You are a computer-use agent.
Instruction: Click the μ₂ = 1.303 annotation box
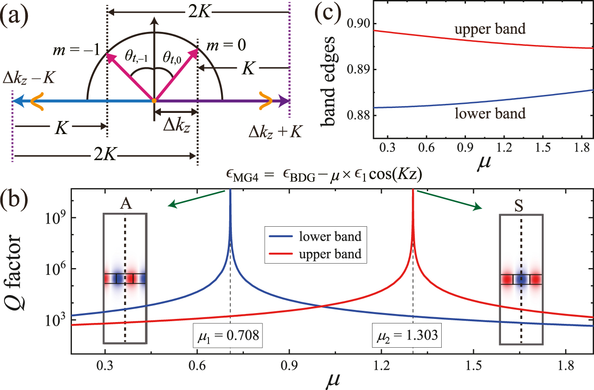pos(407,335)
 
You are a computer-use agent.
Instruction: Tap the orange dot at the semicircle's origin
pos(154,101)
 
